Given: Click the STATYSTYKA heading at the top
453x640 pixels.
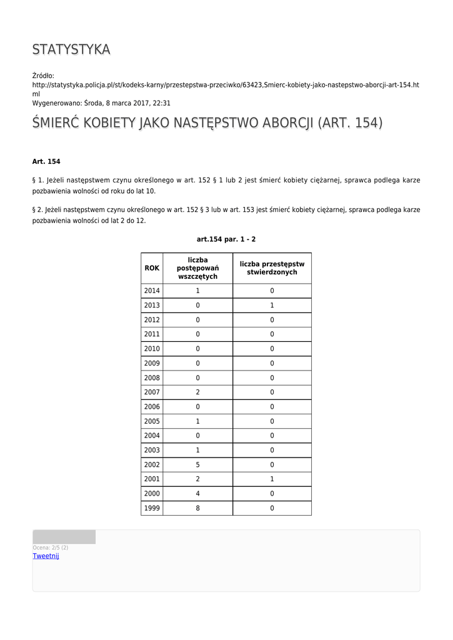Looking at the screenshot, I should point(71,49).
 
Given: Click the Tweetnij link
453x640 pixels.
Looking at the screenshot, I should point(46,556).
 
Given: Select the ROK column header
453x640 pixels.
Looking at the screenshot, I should point(152,268).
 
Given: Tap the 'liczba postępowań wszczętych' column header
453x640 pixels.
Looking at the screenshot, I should point(197,268).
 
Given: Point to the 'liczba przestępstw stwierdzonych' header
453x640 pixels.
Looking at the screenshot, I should point(272,268).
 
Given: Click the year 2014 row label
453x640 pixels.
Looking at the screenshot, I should point(152,291).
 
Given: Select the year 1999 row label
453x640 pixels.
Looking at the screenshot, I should point(152,508).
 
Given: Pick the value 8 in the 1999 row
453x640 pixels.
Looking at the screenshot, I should point(197,508).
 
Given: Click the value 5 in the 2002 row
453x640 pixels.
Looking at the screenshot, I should point(197,464).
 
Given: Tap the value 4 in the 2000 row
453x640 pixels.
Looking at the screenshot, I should point(197,494).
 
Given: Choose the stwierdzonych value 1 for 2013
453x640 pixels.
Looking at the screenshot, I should point(272,306).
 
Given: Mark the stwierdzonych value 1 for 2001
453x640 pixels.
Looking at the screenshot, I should point(272,479).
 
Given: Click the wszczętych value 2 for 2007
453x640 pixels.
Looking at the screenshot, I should point(197,392).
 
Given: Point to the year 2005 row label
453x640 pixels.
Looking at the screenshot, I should point(152,421).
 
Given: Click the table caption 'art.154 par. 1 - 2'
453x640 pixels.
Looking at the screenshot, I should point(226,239).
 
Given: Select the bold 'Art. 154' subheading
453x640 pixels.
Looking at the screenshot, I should point(46,161).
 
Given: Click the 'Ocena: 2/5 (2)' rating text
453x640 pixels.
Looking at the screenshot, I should point(51,547).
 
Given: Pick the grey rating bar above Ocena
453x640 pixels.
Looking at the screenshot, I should point(64,537).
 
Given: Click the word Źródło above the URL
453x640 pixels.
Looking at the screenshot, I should point(43,76).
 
